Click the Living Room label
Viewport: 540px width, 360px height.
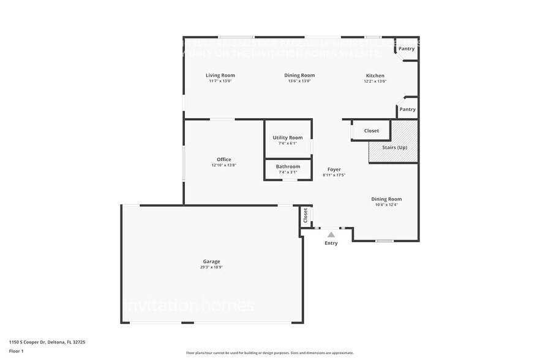[x=220, y=75]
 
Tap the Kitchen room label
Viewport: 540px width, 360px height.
[x=374, y=75]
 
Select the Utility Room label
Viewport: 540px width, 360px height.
[x=288, y=138]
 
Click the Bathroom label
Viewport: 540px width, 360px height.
[x=288, y=167]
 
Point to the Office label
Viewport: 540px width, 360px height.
[x=223, y=159]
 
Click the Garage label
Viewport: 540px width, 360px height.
[x=211, y=261]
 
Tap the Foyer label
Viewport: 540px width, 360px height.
[x=334, y=170]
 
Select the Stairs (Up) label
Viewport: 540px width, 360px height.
[x=394, y=148]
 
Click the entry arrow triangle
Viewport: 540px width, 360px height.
[x=331, y=234]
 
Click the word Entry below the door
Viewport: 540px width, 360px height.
[x=331, y=243]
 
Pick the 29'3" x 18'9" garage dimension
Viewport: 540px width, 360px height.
[x=211, y=267]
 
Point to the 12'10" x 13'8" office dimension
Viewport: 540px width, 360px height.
[x=223, y=165]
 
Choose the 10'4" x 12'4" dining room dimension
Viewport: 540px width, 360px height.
[x=386, y=204]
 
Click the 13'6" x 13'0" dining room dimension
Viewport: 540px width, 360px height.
[x=299, y=81]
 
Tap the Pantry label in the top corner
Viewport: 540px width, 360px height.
[x=407, y=48]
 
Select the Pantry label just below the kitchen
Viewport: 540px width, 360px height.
[x=407, y=109]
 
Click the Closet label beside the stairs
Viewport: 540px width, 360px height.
[x=372, y=130]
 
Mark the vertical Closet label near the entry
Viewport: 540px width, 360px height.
[x=306, y=216]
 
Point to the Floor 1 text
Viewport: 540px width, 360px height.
[x=16, y=351]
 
